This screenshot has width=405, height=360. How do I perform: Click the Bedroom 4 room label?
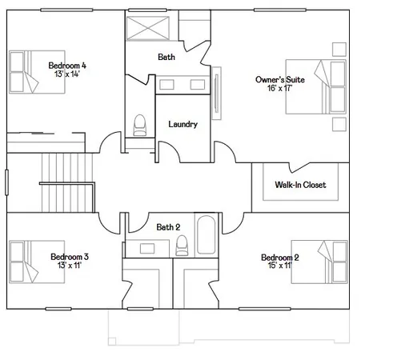click(x=67, y=66)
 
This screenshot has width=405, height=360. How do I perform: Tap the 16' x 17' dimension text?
click(x=280, y=88)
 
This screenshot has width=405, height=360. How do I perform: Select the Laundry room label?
click(x=183, y=124)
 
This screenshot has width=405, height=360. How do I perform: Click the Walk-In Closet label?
click(x=300, y=185)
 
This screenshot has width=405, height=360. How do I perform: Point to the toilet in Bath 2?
click(x=182, y=246)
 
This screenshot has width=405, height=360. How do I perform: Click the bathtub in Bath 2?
click(x=206, y=234)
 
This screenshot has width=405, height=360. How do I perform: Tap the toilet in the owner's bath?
click(x=140, y=125)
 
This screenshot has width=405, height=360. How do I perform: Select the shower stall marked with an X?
click(x=148, y=28)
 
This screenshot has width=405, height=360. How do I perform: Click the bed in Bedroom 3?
click(x=37, y=262)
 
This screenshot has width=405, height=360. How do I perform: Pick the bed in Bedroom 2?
click(x=319, y=262)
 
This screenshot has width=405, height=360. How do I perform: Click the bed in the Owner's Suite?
click(x=316, y=86)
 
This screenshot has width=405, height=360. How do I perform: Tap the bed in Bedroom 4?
click(x=37, y=72)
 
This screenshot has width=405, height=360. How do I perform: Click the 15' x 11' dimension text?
click(x=280, y=266)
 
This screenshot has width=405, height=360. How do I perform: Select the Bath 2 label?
click(x=168, y=227)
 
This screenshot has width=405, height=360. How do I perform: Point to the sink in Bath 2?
click(x=147, y=248)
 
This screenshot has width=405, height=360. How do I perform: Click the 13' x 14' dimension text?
click(x=67, y=74)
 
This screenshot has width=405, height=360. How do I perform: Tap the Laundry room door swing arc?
click(x=173, y=147)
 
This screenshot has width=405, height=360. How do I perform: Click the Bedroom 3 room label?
click(x=70, y=257)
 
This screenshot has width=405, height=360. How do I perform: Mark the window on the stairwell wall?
click(x=6, y=182)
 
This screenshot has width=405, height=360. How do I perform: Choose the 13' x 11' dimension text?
click(x=70, y=265)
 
